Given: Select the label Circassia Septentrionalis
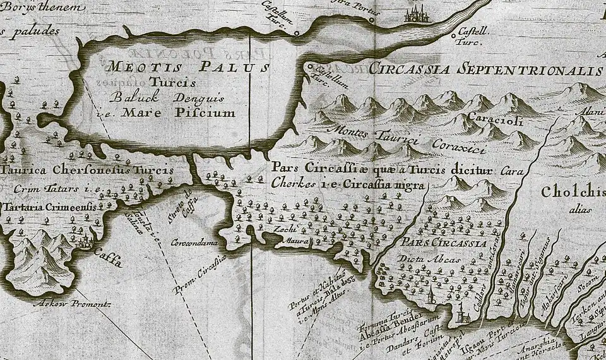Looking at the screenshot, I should [x=486, y=69].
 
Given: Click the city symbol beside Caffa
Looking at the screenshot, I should [x=87, y=240].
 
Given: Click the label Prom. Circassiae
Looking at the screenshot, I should [x=199, y=273].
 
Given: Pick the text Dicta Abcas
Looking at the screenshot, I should [x=422, y=258].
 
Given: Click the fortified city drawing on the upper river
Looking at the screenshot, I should [x=418, y=13].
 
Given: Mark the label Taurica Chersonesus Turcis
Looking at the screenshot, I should [x=95, y=170].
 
